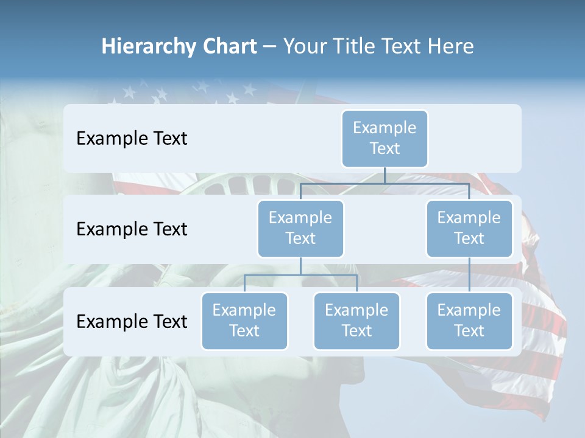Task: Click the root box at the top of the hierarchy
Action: [x=385, y=138]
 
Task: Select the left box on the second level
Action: [x=300, y=228]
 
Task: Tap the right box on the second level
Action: [x=469, y=228]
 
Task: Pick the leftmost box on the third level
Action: [x=244, y=321]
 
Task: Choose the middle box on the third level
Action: [x=356, y=321]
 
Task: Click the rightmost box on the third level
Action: [x=469, y=321]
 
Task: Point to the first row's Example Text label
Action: [x=132, y=139]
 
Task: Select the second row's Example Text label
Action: [x=132, y=229]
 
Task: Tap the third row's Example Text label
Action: [x=132, y=321]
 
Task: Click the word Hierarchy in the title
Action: [x=147, y=46]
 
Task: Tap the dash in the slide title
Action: [x=270, y=46]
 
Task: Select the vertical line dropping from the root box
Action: [x=385, y=175]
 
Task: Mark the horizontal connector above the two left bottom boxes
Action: [x=300, y=275]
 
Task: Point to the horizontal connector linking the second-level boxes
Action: [x=385, y=183]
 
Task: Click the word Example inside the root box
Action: [x=385, y=128]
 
